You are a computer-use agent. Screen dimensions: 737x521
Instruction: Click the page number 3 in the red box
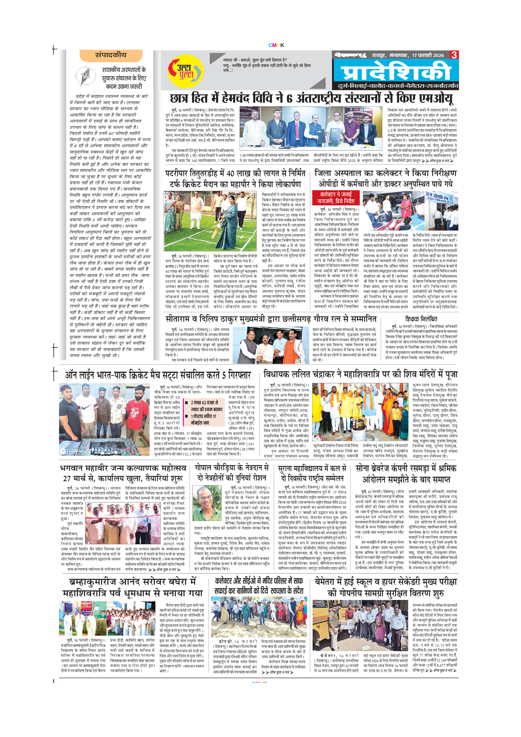454,55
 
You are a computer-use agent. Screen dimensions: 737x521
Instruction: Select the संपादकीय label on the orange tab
111,55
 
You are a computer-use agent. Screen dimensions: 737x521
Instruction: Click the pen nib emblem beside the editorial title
85,76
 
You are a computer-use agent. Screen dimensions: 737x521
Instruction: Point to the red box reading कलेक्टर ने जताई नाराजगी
336,198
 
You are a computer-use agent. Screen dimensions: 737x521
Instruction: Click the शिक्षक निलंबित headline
421,319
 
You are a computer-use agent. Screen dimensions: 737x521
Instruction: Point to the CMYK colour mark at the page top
276,45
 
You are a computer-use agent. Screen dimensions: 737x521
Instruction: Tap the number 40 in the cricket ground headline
231,174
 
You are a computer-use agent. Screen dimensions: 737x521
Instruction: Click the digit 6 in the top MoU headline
290,98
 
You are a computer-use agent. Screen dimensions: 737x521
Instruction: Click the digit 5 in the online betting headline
224,375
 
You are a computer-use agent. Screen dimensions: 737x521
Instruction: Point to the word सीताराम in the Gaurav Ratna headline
178,319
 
